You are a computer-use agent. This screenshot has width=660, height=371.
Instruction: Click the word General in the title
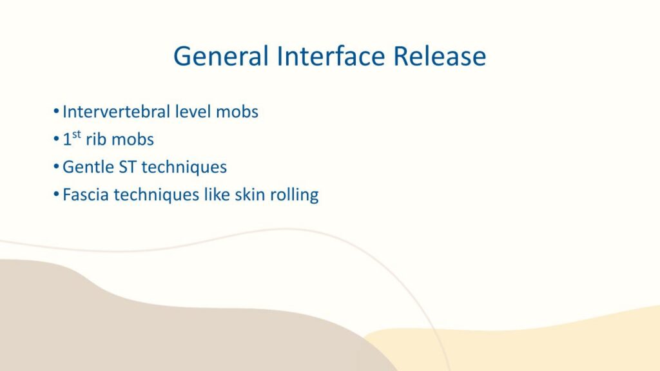(221, 56)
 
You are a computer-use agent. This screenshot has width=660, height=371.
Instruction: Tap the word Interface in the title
(331, 56)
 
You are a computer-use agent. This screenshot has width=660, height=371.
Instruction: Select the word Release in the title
(440, 56)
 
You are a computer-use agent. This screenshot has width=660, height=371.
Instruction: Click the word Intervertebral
(116, 111)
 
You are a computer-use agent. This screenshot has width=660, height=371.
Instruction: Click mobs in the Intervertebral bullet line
(237, 111)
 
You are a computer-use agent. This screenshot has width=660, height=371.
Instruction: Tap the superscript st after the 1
(76, 134)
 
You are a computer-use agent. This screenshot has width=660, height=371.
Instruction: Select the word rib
(96, 139)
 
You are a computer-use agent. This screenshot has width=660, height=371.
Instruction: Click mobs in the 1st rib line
(133, 139)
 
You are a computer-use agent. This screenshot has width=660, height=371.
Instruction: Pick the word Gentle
(88, 167)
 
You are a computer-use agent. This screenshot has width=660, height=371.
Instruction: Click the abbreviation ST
(128, 167)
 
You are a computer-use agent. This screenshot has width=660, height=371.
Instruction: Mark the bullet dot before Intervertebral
(56, 111)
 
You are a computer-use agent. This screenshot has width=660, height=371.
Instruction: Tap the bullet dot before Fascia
(56, 195)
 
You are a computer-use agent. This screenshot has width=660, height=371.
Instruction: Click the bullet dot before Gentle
(56, 167)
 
